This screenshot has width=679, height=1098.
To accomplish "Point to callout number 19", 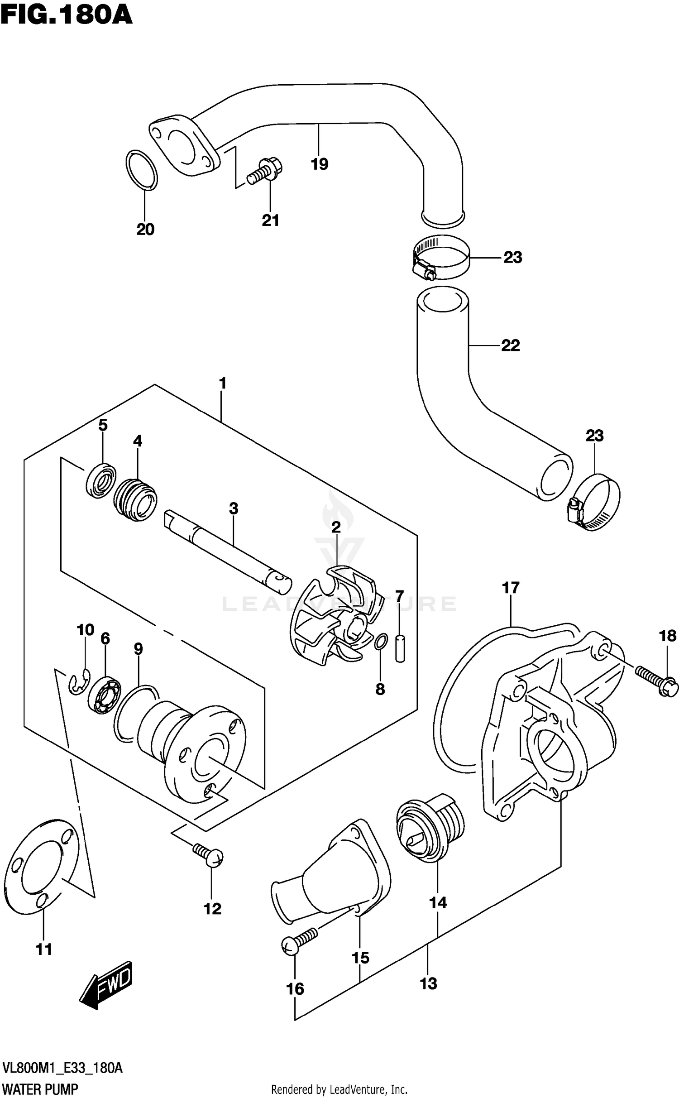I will (x=319, y=164).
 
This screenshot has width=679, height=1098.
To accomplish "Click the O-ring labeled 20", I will (x=142, y=170).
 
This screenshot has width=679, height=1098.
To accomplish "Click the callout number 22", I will (x=511, y=345).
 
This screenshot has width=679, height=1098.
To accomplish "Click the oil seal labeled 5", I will (x=100, y=480).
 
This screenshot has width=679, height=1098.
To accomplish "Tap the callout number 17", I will (x=510, y=588).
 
